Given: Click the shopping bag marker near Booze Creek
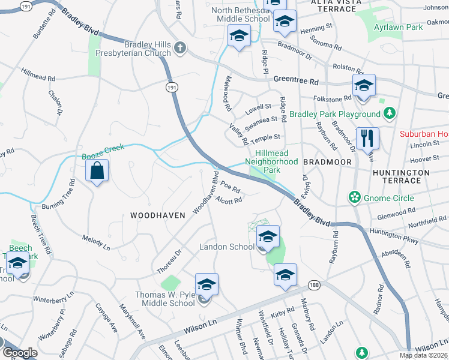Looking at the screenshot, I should [x=97, y=172].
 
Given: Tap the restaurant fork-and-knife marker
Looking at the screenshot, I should [x=366, y=139].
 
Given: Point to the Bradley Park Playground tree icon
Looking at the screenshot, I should [x=390, y=113].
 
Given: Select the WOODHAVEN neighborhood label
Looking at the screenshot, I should [x=153, y=215].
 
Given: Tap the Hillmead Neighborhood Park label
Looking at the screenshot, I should [x=272, y=162].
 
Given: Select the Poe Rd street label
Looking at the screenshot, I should [x=231, y=188].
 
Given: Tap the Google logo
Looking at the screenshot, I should [x=20, y=353].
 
